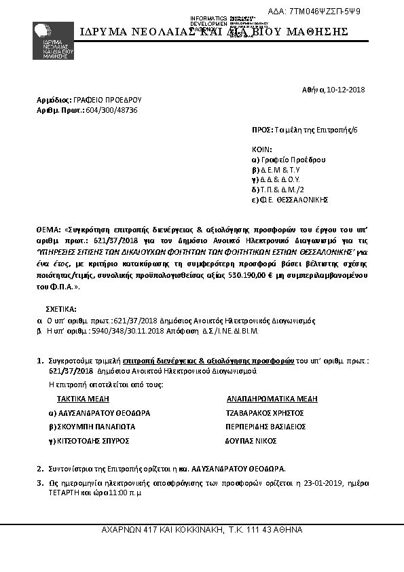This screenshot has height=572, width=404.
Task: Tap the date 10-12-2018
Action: click(x=347, y=89)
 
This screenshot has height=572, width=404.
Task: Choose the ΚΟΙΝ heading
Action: click(x=261, y=149)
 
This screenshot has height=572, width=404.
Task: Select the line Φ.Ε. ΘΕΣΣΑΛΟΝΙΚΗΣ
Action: click(x=293, y=200)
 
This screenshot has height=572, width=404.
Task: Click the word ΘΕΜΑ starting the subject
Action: click(x=48, y=231)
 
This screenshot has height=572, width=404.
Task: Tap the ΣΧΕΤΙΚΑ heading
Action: click(x=60, y=308)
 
